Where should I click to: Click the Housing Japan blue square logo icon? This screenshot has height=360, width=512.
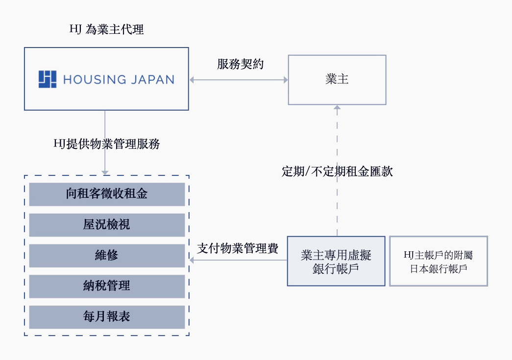coord(48,79)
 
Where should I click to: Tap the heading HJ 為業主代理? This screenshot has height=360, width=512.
coord(107,29)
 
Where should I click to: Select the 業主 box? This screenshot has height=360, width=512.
coord(337,80)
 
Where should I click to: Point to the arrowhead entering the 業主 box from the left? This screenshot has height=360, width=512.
coord(285,79)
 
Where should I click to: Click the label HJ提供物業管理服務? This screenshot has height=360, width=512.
coord(106,144)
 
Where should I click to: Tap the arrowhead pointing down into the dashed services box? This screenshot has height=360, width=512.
coord(104,172)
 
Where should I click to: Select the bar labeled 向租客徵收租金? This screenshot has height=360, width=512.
coord(107,194)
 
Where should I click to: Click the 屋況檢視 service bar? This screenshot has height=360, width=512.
coord(107,225)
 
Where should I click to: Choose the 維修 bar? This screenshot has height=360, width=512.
coord(107,255)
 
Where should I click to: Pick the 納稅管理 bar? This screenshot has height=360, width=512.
coord(107,286)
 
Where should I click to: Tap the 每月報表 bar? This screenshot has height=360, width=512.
coord(107,317)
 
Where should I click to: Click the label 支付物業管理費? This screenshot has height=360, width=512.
coord(238,248)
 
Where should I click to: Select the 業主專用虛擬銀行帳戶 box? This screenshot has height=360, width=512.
coord(336,262)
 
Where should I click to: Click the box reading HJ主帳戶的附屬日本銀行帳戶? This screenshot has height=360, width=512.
coord(439,262)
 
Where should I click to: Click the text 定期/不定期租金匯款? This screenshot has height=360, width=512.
coord(337,171)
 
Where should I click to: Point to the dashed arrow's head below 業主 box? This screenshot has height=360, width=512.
coord(337,108)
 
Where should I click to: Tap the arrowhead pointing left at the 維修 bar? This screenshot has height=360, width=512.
coord(192,260)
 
